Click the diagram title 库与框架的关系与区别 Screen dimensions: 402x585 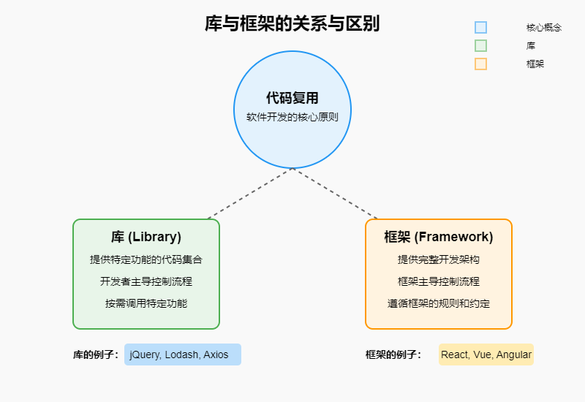pyautogui.click(x=292, y=23)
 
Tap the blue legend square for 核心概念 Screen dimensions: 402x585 pyautogui.click(x=480, y=27)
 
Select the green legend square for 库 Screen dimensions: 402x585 pyautogui.click(x=480, y=45)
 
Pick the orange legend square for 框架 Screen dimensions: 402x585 pyautogui.click(x=480, y=64)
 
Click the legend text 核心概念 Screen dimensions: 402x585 pyautogui.click(x=543, y=27)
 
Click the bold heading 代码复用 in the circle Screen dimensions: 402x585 pyautogui.click(x=292, y=99)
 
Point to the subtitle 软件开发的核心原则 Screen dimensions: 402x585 pyautogui.click(x=292, y=117)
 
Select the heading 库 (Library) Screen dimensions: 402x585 pyautogui.click(x=146, y=237)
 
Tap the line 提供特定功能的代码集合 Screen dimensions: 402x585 pyautogui.click(x=146, y=259)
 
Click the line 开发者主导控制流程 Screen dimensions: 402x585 pyautogui.click(x=146, y=281)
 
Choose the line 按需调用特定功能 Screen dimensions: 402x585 pyautogui.click(x=146, y=303)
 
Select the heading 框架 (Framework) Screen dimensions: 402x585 pyautogui.click(x=439, y=237)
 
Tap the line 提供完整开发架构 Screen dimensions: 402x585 pyautogui.click(x=439, y=259)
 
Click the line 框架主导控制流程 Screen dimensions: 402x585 pyautogui.click(x=439, y=281)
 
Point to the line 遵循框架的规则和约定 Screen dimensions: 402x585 pyautogui.click(x=439, y=303)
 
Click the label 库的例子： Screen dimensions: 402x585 pyautogui.click(x=96, y=354)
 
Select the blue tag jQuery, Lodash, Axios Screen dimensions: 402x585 pyautogui.click(x=182, y=354)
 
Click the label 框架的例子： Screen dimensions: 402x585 pyautogui.click(x=393, y=354)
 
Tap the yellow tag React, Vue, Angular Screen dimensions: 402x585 pyautogui.click(x=486, y=354)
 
